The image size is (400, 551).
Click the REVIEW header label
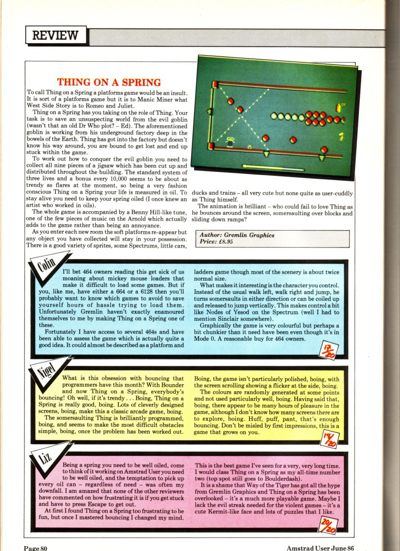[55, 35]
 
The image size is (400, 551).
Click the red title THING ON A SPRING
[109, 82]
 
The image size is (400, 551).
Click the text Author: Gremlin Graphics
[237, 235]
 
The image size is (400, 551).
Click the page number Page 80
[36, 548]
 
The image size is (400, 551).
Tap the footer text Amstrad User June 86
[320, 548]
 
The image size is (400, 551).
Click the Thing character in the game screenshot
[230, 142]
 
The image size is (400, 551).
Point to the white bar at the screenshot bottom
[273, 167]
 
